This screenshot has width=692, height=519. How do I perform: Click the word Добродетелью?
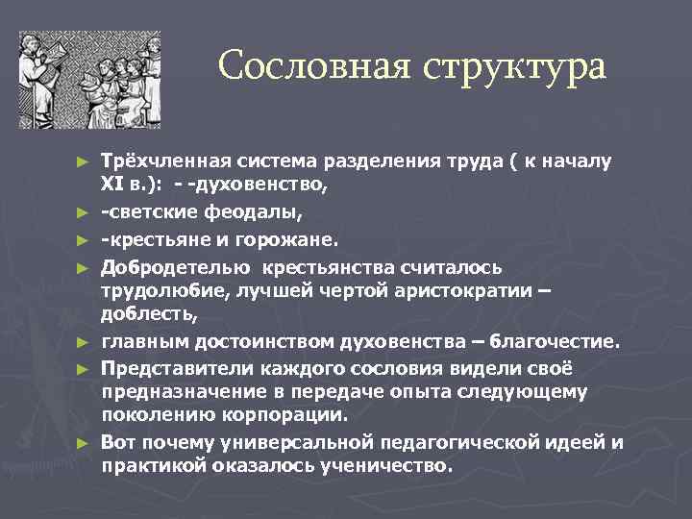[176, 267]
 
